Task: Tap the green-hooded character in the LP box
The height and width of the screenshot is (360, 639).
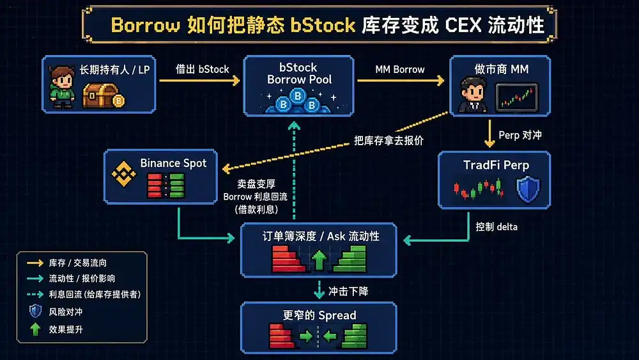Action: (61, 87)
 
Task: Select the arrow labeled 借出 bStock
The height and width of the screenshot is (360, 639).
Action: (199, 81)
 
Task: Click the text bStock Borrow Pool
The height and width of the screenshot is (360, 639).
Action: (299, 74)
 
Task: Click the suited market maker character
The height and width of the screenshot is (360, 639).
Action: (472, 95)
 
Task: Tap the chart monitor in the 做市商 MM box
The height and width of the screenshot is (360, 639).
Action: (517, 98)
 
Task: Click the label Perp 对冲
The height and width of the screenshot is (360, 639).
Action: (520, 136)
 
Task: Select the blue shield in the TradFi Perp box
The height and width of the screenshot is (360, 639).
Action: (528, 189)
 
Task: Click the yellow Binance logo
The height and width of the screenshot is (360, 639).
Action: (123, 174)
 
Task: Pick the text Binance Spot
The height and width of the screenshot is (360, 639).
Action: (173, 163)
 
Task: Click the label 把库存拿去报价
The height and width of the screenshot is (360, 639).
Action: (389, 141)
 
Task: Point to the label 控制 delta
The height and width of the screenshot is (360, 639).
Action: (497, 227)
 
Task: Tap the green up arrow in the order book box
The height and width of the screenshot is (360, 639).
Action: (319, 260)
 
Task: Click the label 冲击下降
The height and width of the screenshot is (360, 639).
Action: (348, 291)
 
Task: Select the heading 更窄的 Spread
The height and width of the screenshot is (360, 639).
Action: (319, 315)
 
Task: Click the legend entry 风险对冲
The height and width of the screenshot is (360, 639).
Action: (66, 312)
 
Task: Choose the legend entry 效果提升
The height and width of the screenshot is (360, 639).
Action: (66, 329)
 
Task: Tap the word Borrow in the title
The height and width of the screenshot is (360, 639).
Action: (145, 26)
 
